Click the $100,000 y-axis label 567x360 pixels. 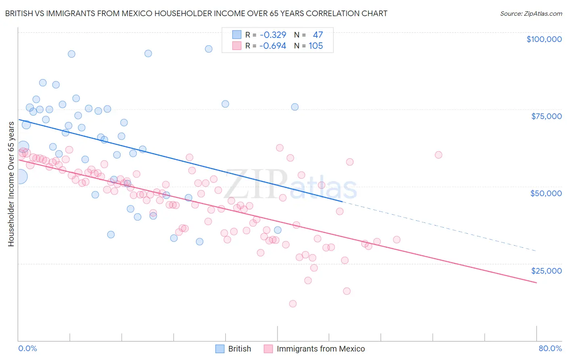pyautogui.click(x=544, y=39)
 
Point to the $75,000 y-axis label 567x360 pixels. pyautogui.click(x=546, y=116)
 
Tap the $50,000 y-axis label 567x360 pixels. pyautogui.click(x=546, y=193)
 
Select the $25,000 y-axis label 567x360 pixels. pyautogui.click(x=546, y=271)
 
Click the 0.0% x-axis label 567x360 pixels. pyautogui.click(x=27, y=348)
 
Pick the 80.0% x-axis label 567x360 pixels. pyautogui.click(x=550, y=348)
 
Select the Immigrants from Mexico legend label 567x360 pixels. pyautogui.click(x=321, y=349)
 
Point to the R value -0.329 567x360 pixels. pyautogui.click(x=273, y=35)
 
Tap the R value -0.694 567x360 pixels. pyautogui.click(x=273, y=46)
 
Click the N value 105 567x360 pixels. pyautogui.click(x=316, y=46)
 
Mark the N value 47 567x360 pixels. pyautogui.click(x=318, y=35)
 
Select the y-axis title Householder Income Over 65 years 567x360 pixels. pyautogui.click(x=11, y=184)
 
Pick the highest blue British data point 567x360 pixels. pyautogui.click(x=208, y=49)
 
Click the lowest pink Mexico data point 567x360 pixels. pyautogui.click(x=293, y=303)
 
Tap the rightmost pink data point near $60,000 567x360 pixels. pyautogui.click(x=438, y=155)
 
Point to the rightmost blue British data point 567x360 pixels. pyautogui.click(x=295, y=107)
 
